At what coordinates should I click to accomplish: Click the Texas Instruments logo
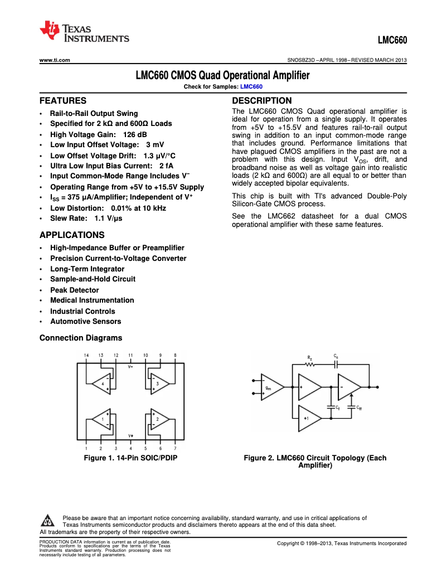tap(84, 33)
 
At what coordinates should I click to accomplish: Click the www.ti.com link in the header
tap(55, 60)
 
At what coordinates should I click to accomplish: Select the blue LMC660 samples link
tap(251, 86)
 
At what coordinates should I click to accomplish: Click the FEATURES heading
tap(63, 101)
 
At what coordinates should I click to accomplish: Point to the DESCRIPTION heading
tap(261, 101)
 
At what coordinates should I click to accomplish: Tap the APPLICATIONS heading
tap(72, 235)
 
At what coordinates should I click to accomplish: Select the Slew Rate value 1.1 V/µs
tap(108, 219)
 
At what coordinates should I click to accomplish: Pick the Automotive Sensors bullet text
tap(85, 322)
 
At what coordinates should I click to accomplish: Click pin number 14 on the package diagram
tap(86, 355)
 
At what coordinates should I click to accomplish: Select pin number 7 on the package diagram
tap(175, 448)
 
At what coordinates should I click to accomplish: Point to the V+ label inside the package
tap(130, 435)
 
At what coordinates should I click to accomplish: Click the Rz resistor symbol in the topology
tap(310, 365)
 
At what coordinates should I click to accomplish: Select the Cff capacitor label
tap(359, 408)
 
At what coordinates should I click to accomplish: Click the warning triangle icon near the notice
tap(47, 522)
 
